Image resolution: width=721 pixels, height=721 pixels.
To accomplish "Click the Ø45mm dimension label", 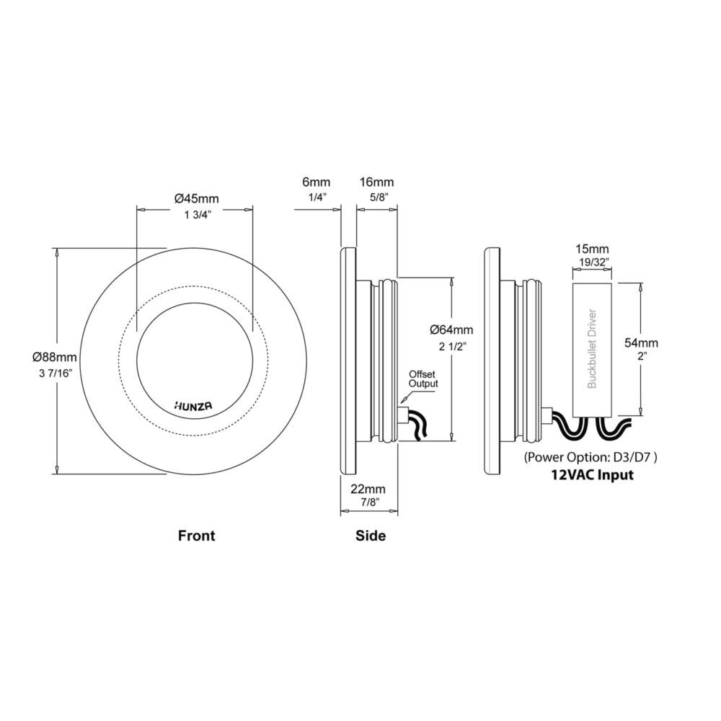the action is (196, 199).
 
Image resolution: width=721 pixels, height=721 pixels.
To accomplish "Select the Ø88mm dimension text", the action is (55, 357).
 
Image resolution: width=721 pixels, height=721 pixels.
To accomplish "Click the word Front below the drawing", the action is (196, 536).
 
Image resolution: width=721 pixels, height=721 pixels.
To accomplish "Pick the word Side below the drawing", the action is (371, 536).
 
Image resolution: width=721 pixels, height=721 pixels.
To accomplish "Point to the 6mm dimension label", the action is (316, 182).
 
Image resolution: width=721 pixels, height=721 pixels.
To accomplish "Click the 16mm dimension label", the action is (376, 182).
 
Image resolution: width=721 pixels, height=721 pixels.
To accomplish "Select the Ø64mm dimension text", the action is (451, 329).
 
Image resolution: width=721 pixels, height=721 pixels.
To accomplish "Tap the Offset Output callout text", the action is (423, 379).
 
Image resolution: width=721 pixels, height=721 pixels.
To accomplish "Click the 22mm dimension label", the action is (368, 489).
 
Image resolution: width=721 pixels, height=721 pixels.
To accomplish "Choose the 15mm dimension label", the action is (592, 249).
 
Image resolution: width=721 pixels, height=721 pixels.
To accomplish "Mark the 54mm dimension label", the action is (641, 343).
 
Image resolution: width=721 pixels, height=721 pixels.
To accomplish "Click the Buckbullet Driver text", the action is (592, 348).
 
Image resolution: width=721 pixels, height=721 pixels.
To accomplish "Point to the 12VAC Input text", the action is (592, 474).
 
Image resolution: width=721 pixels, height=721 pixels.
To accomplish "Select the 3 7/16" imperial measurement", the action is (55, 373).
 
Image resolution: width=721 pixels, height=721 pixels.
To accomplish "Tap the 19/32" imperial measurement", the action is (592, 262).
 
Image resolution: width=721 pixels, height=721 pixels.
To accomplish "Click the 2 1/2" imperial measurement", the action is (453, 347).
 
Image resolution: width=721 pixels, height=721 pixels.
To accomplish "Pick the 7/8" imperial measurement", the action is (369, 502).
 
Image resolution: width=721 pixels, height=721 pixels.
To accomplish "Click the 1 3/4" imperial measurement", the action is (197, 215).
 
